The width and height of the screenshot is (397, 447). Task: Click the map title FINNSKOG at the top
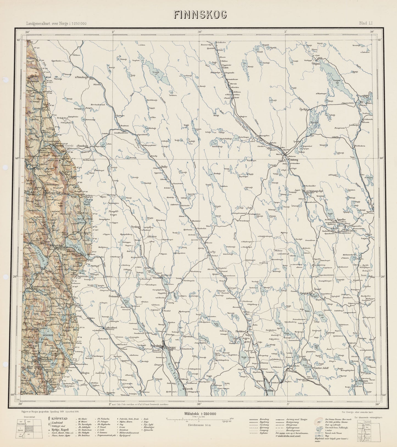point(200,15)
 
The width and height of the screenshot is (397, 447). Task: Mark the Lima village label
point(226,67)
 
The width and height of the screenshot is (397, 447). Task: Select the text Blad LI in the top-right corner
point(365,24)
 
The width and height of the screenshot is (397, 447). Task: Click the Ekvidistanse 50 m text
point(199,425)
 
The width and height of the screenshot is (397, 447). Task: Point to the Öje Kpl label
point(303,109)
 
